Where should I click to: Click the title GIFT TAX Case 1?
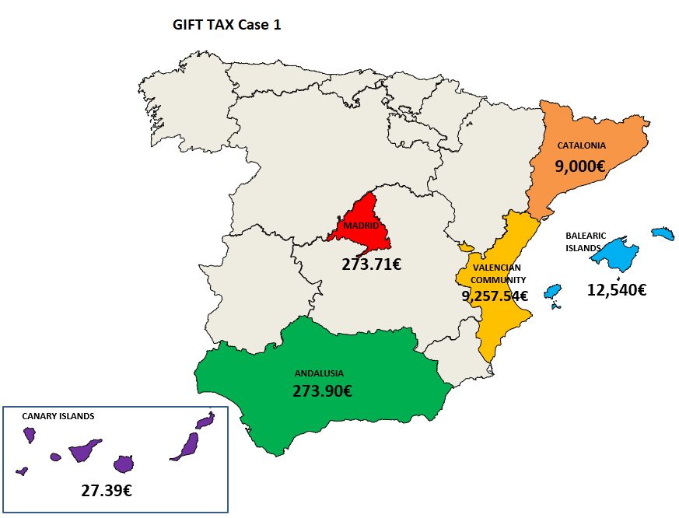pyautogui.click(x=226, y=25)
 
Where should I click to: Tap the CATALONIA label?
pyautogui.click(x=581, y=145)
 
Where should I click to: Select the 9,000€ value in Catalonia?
pyautogui.click(x=579, y=166)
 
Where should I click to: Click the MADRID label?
pyautogui.click(x=361, y=226)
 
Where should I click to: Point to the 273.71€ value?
pyautogui.click(x=371, y=264)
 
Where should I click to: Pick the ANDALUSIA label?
pyautogui.click(x=319, y=373)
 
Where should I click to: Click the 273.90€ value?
pyautogui.click(x=322, y=392)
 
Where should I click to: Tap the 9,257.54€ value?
pyautogui.click(x=495, y=296)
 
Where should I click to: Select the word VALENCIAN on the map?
pyautogui.click(x=496, y=268)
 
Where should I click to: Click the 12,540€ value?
pyautogui.click(x=616, y=291)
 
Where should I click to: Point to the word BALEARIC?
pyautogui.click(x=586, y=235)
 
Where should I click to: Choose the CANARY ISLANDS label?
pyautogui.click(x=58, y=416)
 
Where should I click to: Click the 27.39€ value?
pyautogui.click(x=106, y=491)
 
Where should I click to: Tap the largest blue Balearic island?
pyautogui.click(x=618, y=254)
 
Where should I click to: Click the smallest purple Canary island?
pyautogui.click(x=22, y=471)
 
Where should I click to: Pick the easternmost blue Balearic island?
pyautogui.click(x=663, y=233)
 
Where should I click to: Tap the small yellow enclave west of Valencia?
pyautogui.click(x=466, y=247)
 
